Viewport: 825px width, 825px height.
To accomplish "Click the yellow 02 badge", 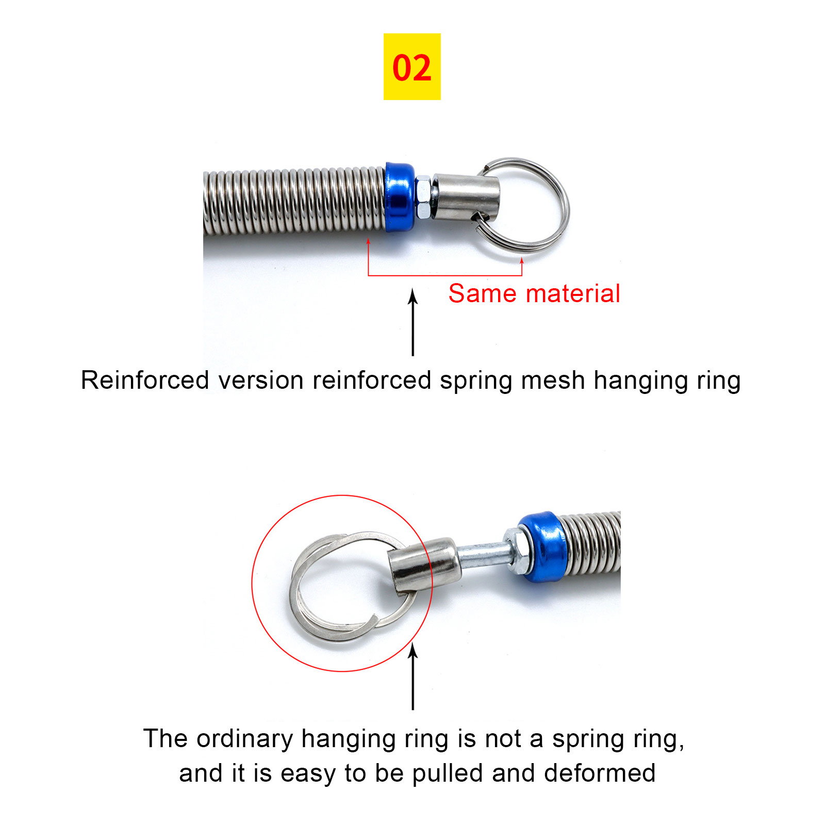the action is click(x=412, y=67).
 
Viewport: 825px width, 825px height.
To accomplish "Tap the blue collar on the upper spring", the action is click(x=400, y=197).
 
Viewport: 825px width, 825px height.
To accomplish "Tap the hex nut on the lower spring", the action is click(x=516, y=550).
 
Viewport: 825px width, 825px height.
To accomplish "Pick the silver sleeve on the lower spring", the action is click(x=423, y=566).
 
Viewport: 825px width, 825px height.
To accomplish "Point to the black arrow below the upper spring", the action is click(x=412, y=322).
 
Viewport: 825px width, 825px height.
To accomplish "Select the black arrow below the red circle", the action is click(x=412, y=677).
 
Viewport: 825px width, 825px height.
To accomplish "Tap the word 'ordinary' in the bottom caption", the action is click(x=245, y=739).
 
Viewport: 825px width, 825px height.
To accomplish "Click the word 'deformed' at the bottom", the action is click(x=600, y=773).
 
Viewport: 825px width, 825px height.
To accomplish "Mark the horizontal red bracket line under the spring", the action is click(x=445, y=276).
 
